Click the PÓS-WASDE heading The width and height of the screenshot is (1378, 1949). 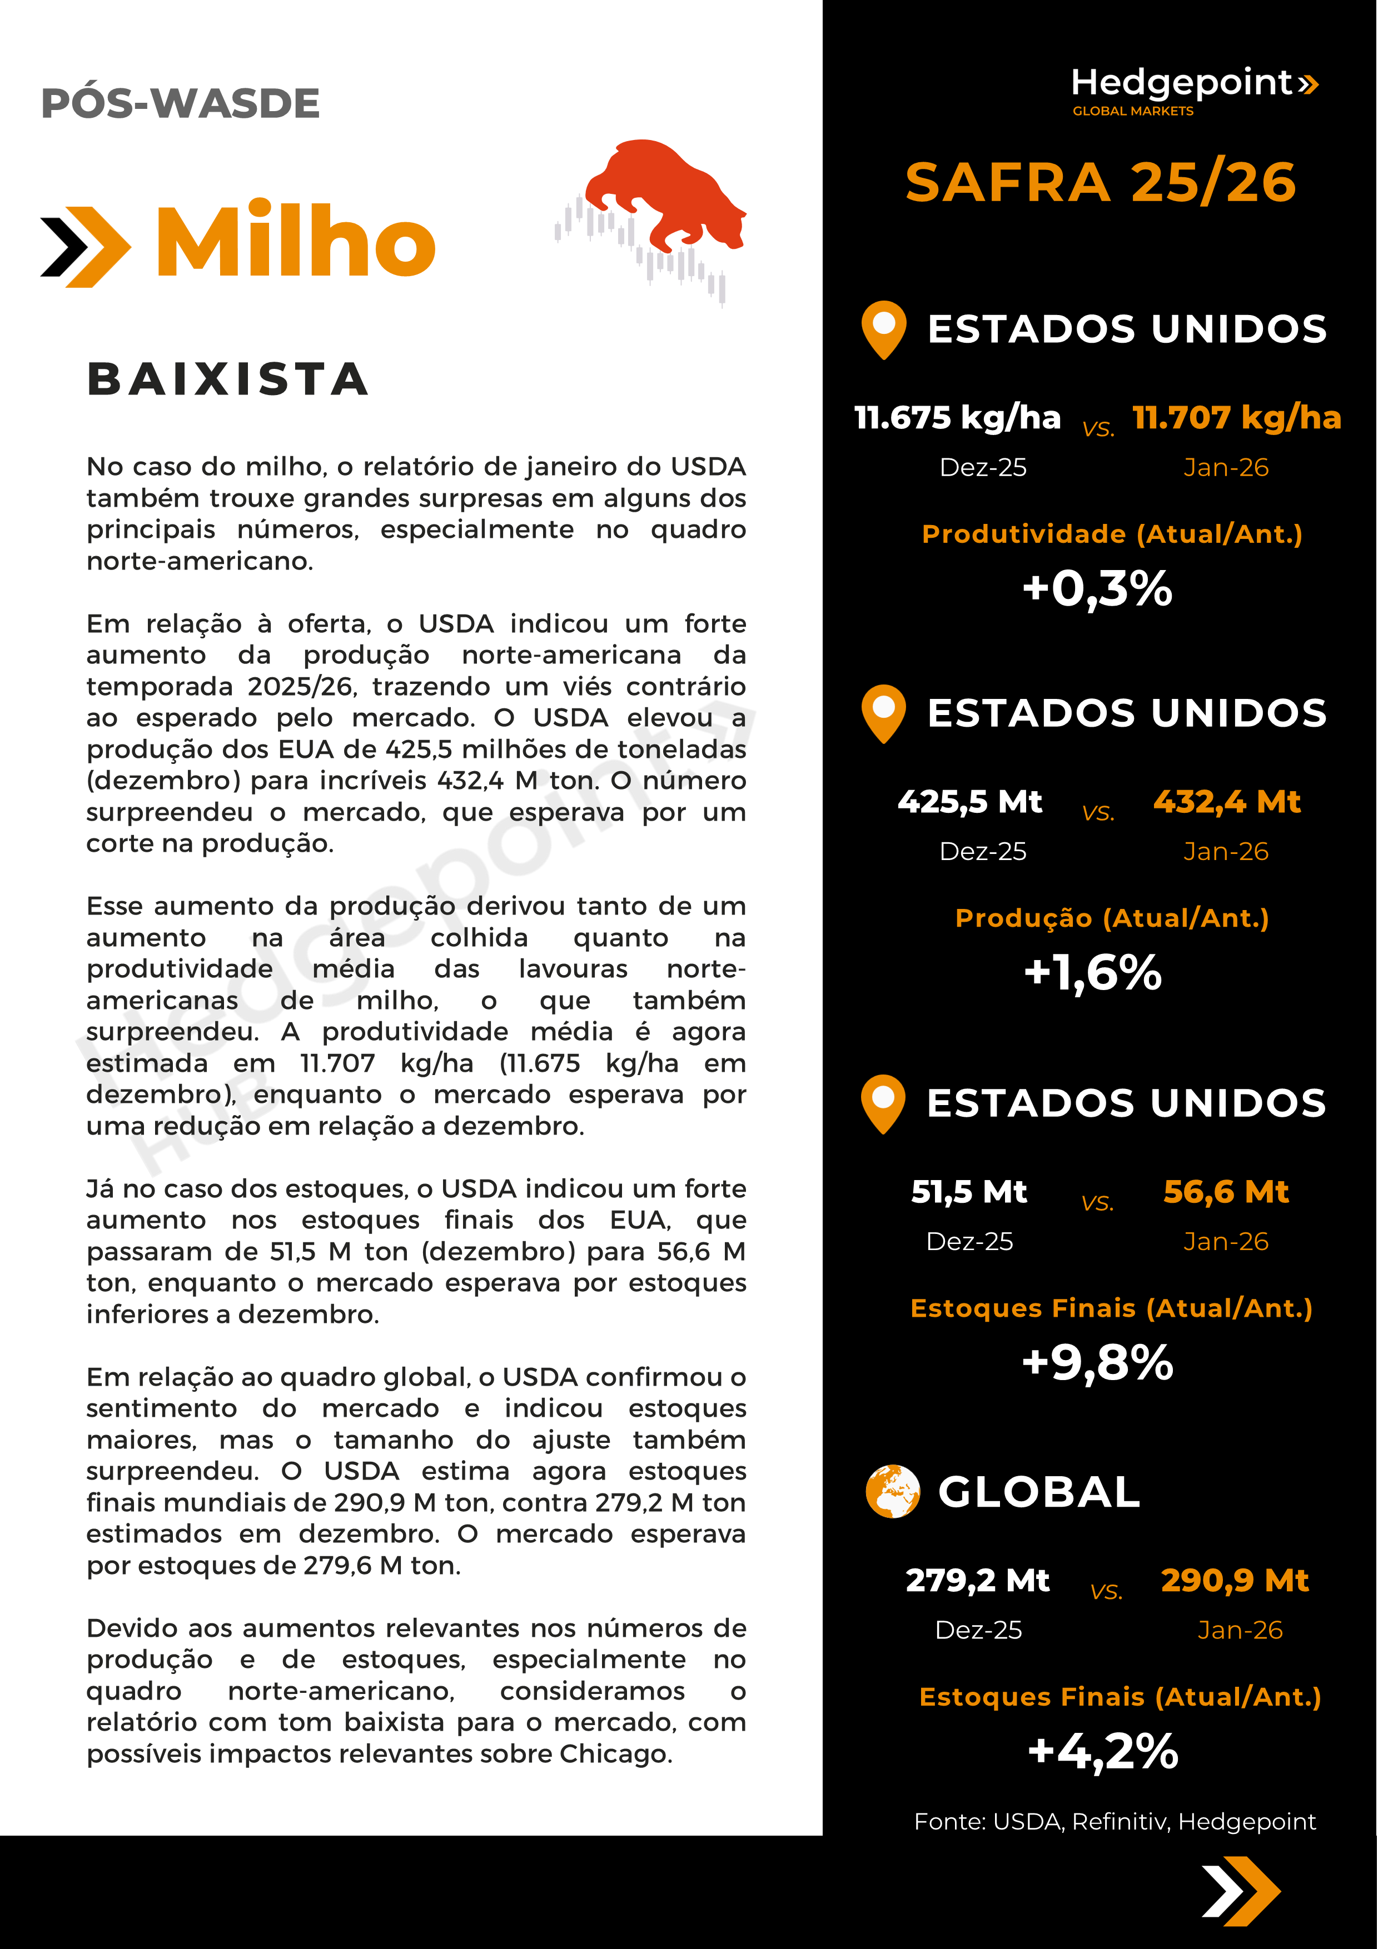click(x=180, y=103)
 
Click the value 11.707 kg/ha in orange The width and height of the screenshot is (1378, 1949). click(x=1236, y=418)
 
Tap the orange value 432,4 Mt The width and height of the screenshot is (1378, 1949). click(x=1226, y=801)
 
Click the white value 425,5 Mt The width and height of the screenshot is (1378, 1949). click(x=969, y=801)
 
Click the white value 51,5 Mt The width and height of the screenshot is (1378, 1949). click(x=969, y=1192)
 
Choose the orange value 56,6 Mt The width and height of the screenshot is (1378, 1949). click(x=1226, y=1192)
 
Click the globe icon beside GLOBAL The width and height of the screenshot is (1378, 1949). click(x=892, y=1491)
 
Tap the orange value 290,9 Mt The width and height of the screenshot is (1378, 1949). click(x=1235, y=1581)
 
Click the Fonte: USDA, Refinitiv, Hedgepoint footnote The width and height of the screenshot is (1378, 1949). click(x=1114, y=1822)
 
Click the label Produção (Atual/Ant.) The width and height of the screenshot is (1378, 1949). click(x=1111, y=918)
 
